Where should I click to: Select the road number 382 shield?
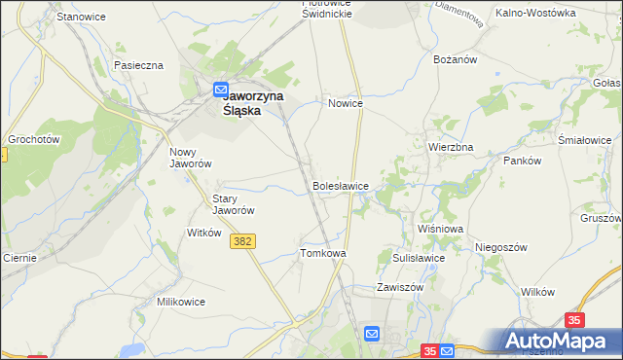click(244, 241)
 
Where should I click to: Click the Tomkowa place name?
click(323, 253)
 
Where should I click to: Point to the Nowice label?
click(346, 103)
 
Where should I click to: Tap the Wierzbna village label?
click(451, 147)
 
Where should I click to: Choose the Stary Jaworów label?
click(234, 204)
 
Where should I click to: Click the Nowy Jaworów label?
click(191, 158)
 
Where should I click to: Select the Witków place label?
click(204, 234)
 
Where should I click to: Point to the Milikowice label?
click(181, 302)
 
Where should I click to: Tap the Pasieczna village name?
click(138, 65)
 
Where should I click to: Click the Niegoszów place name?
click(501, 247)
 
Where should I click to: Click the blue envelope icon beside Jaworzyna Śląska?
click(221, 89)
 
